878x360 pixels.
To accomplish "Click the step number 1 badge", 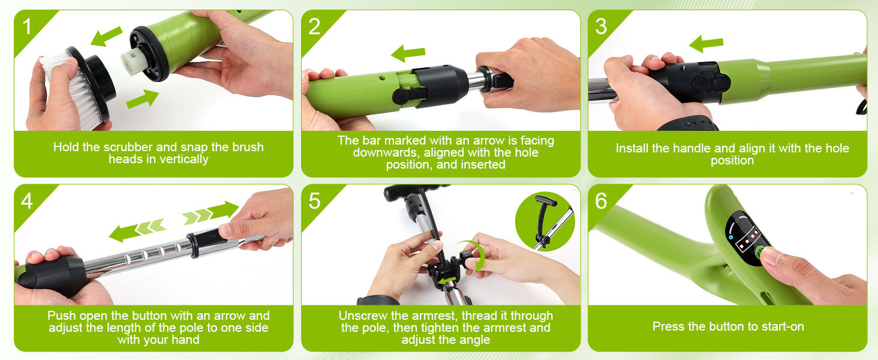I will click(x=27, y=27).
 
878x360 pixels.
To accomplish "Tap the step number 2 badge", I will click(x=315, y=27).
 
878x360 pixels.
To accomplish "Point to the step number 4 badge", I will click(x=27, y=202).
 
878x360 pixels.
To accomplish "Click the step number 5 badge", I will click(x=315, y=202).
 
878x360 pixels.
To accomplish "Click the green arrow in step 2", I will click(x=407, y=54).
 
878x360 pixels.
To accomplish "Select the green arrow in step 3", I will click(x=706, y=43).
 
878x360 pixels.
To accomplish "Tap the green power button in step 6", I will click(x=763, y=253).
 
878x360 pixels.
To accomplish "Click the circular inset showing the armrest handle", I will click(x=545, y=221).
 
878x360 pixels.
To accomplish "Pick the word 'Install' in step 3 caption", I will click(x=635, y=148).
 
